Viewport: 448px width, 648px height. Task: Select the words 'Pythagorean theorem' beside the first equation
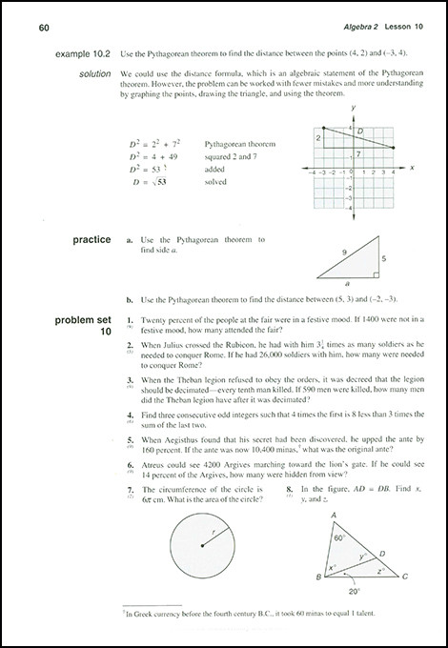[x=236, y=143]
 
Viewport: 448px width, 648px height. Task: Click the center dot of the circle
[x=202, y=544]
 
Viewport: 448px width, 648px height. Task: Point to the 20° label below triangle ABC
[x=354, y=590]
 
